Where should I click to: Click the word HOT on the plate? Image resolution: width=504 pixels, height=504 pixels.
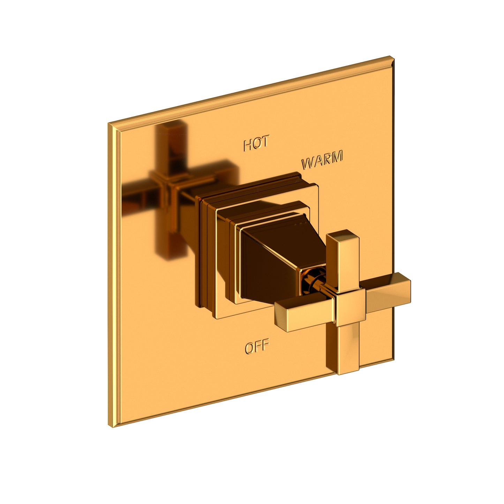256,144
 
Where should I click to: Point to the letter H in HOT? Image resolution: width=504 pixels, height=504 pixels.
248,145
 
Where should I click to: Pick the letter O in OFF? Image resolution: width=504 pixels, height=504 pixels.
249,348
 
